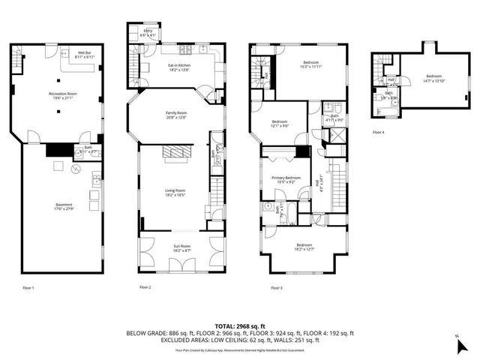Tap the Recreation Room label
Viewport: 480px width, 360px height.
63,95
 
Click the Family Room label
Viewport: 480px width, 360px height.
176,115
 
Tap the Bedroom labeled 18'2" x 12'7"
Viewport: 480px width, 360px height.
304,247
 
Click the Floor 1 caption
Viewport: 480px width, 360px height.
28,287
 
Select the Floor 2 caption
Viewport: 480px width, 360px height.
145,287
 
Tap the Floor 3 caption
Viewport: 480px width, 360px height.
276,287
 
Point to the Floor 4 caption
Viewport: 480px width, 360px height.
379,132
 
